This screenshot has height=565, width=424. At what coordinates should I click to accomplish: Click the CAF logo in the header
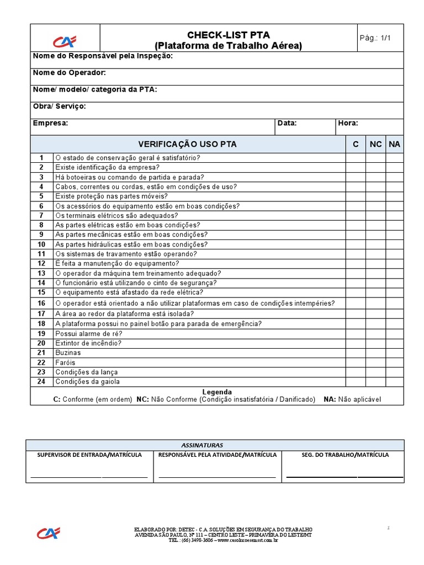[x=65, y=41]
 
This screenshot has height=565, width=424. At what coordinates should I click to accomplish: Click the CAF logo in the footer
[x=49, y=533]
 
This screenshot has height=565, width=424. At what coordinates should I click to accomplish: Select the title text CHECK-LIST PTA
[x=228, y=35]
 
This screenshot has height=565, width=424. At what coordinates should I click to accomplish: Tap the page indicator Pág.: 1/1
[x=375, y=38]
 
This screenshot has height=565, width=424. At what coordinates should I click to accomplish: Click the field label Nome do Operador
[x=70, y=73]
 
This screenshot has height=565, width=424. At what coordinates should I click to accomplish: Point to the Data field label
[x=287, y=123]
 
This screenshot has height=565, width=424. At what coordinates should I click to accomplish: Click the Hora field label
[x=348, y=123]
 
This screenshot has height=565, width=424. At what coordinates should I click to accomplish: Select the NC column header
[x=375, y=144]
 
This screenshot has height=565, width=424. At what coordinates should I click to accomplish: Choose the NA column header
[x=394, y=144]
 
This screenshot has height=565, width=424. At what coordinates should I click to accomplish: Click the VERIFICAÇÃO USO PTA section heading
[x=187, y=144]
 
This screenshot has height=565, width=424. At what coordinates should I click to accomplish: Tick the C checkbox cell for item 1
[x=356, y=158]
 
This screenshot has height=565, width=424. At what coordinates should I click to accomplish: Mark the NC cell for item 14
[x=375, y=283]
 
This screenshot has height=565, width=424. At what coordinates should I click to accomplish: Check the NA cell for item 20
[x=394, y=343]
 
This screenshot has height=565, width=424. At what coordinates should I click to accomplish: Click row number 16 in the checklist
[x=41, y=303]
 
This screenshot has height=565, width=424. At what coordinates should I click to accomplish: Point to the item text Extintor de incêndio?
[x=88, y=343]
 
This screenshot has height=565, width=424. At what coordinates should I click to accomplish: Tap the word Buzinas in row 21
[x=68, y=353]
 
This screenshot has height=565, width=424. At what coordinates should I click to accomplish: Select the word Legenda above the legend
[x=217, y=392]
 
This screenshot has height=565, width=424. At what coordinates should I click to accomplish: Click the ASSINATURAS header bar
[x=215, y=445]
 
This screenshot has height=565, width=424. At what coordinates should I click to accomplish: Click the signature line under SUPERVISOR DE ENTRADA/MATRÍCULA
[x=89, y=476]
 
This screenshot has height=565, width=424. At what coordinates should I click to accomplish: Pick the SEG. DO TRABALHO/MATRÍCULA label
[x=345, y=455]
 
